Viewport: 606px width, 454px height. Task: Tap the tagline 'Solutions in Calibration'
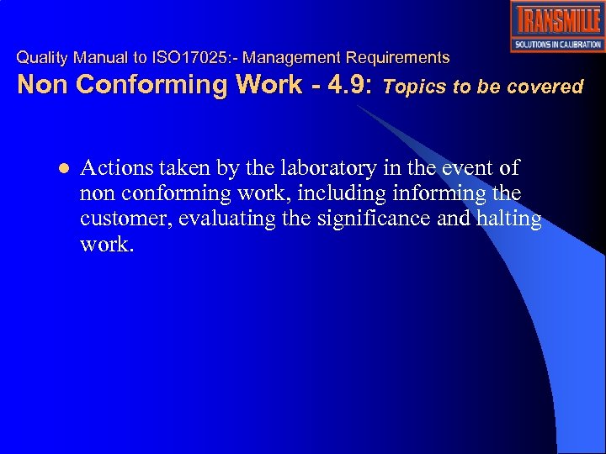point(557,45)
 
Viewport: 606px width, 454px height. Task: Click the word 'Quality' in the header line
point(43,58)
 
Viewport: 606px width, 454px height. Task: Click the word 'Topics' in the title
point(412,86)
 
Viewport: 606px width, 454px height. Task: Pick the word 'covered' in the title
point(549,86)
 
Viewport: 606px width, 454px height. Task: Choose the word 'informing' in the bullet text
point(439,194)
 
